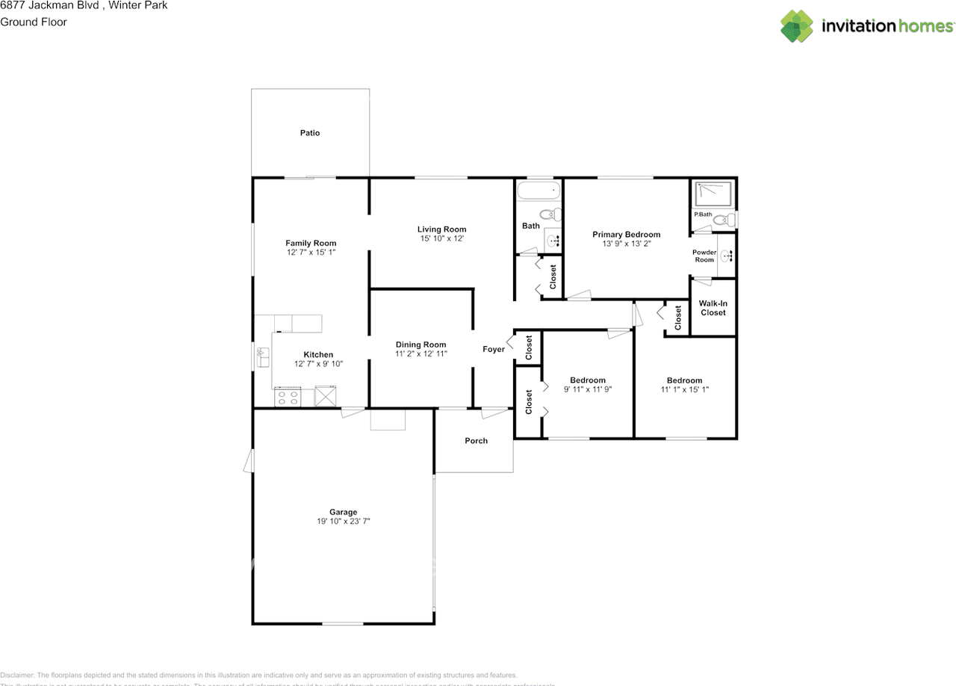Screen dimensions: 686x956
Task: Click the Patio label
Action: click(310, 133)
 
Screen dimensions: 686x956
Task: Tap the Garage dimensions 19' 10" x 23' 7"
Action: click(344, 522)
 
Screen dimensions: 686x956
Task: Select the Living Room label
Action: click(441, 229)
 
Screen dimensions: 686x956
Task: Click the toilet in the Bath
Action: click(550, 214)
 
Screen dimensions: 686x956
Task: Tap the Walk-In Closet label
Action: click(713, 308)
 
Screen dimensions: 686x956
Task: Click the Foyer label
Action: click(493, 349)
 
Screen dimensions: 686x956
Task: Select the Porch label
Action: click(476, 441)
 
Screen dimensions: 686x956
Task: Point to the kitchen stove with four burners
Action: click(288, 397)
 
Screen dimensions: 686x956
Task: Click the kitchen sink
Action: click(263, 357)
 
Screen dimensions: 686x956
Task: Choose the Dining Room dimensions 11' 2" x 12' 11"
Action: click(421, 354)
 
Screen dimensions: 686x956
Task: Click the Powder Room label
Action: click(704, 256)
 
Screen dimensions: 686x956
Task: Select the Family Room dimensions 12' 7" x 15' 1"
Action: click(311, 253)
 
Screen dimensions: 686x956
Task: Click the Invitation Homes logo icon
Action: click(798, 26)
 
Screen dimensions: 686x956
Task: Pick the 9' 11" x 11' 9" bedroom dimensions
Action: click(588, 389)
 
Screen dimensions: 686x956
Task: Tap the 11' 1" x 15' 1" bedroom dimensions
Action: click(685, 389)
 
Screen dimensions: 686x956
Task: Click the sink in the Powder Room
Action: click(727, 255)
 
